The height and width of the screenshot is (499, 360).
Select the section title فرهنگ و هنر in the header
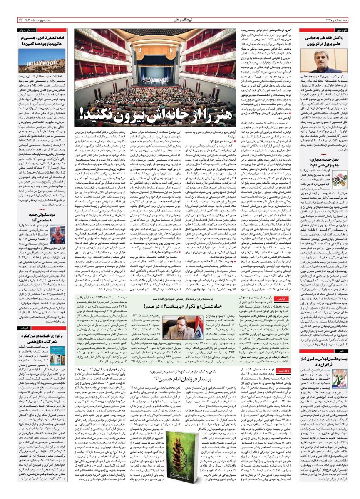point(180,20)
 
